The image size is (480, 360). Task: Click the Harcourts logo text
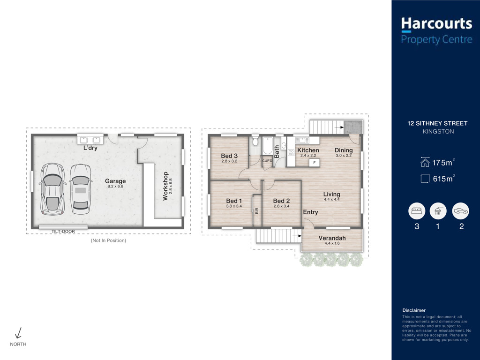(x=436, y=23)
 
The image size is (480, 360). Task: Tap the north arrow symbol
(x=18, y=333)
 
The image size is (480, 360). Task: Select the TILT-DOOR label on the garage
(x=63, y=232)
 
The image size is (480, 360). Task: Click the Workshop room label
(x=165, y=186)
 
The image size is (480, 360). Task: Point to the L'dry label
(x=90, y=148)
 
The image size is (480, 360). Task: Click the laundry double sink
(x=90, y=140)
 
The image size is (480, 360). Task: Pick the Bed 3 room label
(x=229, y=156)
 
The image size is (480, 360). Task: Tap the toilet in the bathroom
(x=255, y=142)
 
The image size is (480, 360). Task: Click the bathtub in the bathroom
(x=268, y=146)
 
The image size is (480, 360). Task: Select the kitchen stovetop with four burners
(x=291, y=152)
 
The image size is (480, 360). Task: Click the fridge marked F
(x=314, y=163)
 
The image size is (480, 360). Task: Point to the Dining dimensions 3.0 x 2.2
(x=344, y=156)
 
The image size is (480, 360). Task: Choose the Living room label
(x=331, y=194)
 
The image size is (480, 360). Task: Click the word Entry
(x=310, y=212)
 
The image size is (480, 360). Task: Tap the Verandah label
(x=332, y=238)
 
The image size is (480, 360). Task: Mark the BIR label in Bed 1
(x=256, y=210)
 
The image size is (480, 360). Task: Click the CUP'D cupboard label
(x=267, y=161)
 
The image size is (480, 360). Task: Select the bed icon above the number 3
(x=417, y=211)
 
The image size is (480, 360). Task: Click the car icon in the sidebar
(x=460, y=211)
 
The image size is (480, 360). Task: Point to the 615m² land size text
(x=444, y=178)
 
